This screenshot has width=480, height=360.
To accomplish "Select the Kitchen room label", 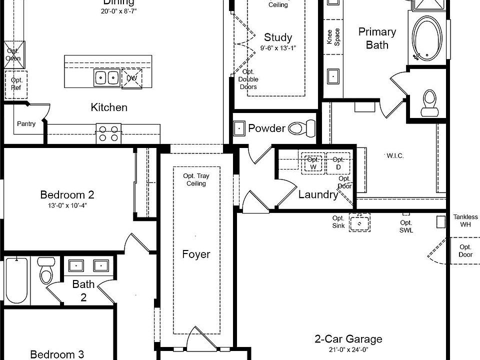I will [x=109, y=107].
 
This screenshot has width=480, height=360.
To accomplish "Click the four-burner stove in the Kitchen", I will [x=108, y=133].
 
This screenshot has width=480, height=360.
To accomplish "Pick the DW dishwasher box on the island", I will [x=132, y=78].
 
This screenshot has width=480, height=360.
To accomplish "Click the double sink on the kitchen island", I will [x=106, y=78].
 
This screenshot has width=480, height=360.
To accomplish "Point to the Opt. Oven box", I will [x=13, y=54].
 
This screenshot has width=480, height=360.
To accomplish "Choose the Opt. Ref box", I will [x=16, y=84].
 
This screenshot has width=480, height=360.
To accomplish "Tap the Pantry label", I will [x=26, y=123].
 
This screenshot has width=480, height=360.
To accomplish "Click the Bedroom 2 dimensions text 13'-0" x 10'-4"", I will [x=67, y=205].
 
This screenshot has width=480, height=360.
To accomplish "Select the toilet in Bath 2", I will [x=47, y=270].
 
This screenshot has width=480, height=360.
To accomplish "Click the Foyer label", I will [x=196, y=254].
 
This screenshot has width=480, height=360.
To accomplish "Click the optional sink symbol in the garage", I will [x=359, y=222].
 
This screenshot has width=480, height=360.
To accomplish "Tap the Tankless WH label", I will [x=465, y=220].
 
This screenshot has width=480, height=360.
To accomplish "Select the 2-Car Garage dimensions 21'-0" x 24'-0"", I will [x=348, y=349].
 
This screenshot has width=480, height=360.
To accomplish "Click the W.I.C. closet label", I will [x=395, y=156].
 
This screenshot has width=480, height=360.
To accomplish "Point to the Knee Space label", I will [x=333, y=36].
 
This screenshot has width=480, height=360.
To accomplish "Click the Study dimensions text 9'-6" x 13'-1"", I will [x=278, y=48].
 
